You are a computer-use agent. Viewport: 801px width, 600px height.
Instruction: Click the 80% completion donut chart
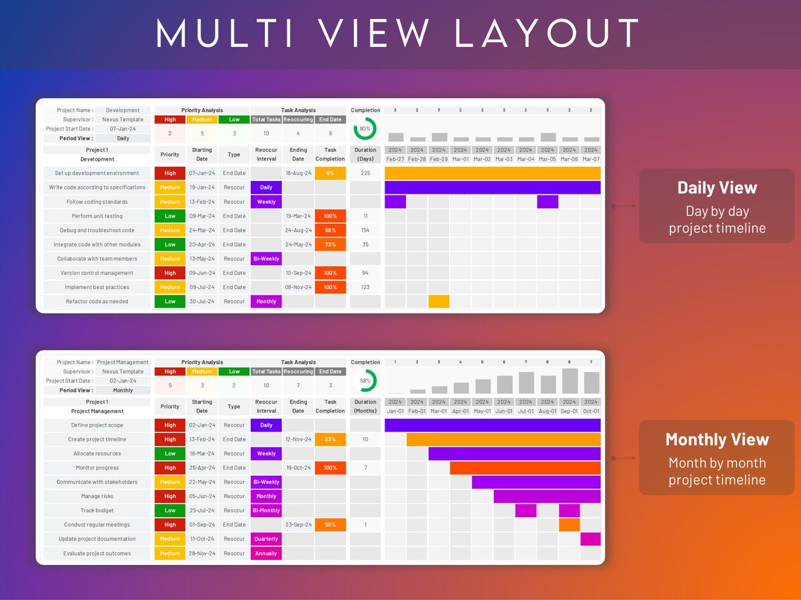click(365, 129)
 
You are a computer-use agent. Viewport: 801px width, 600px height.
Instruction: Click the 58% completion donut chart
click(365, 381)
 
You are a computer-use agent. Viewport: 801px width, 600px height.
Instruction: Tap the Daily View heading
click(717, 188)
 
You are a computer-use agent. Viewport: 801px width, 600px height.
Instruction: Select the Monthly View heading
click(717, 440)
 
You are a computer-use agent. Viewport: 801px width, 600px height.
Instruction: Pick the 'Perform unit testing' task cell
click(97, 216)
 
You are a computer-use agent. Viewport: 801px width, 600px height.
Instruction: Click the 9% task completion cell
click(330, 173)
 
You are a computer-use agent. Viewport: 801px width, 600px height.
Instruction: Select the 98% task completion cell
click(330, 230)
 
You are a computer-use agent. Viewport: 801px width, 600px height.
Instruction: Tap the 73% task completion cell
click(330, 245)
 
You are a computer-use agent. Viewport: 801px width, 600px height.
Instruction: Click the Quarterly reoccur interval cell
click(266, 539)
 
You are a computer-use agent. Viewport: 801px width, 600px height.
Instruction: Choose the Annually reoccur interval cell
click(266, 554)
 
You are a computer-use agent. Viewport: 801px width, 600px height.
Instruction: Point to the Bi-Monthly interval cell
click(266, 511)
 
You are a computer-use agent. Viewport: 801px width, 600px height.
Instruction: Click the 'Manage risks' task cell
click(97, 496)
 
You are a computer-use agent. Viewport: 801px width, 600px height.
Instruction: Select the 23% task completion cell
click(330, 439)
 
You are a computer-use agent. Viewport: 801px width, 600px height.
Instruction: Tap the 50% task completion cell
click(330, 525)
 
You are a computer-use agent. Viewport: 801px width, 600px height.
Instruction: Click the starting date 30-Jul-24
click(202, 302)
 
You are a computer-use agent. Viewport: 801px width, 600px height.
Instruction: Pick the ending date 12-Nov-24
click(298, 439)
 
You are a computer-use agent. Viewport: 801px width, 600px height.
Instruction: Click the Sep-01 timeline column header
click(569, 411)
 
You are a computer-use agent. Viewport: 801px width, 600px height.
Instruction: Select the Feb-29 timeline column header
click(438, 159)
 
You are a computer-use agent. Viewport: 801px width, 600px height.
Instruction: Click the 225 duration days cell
click(365, 173)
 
